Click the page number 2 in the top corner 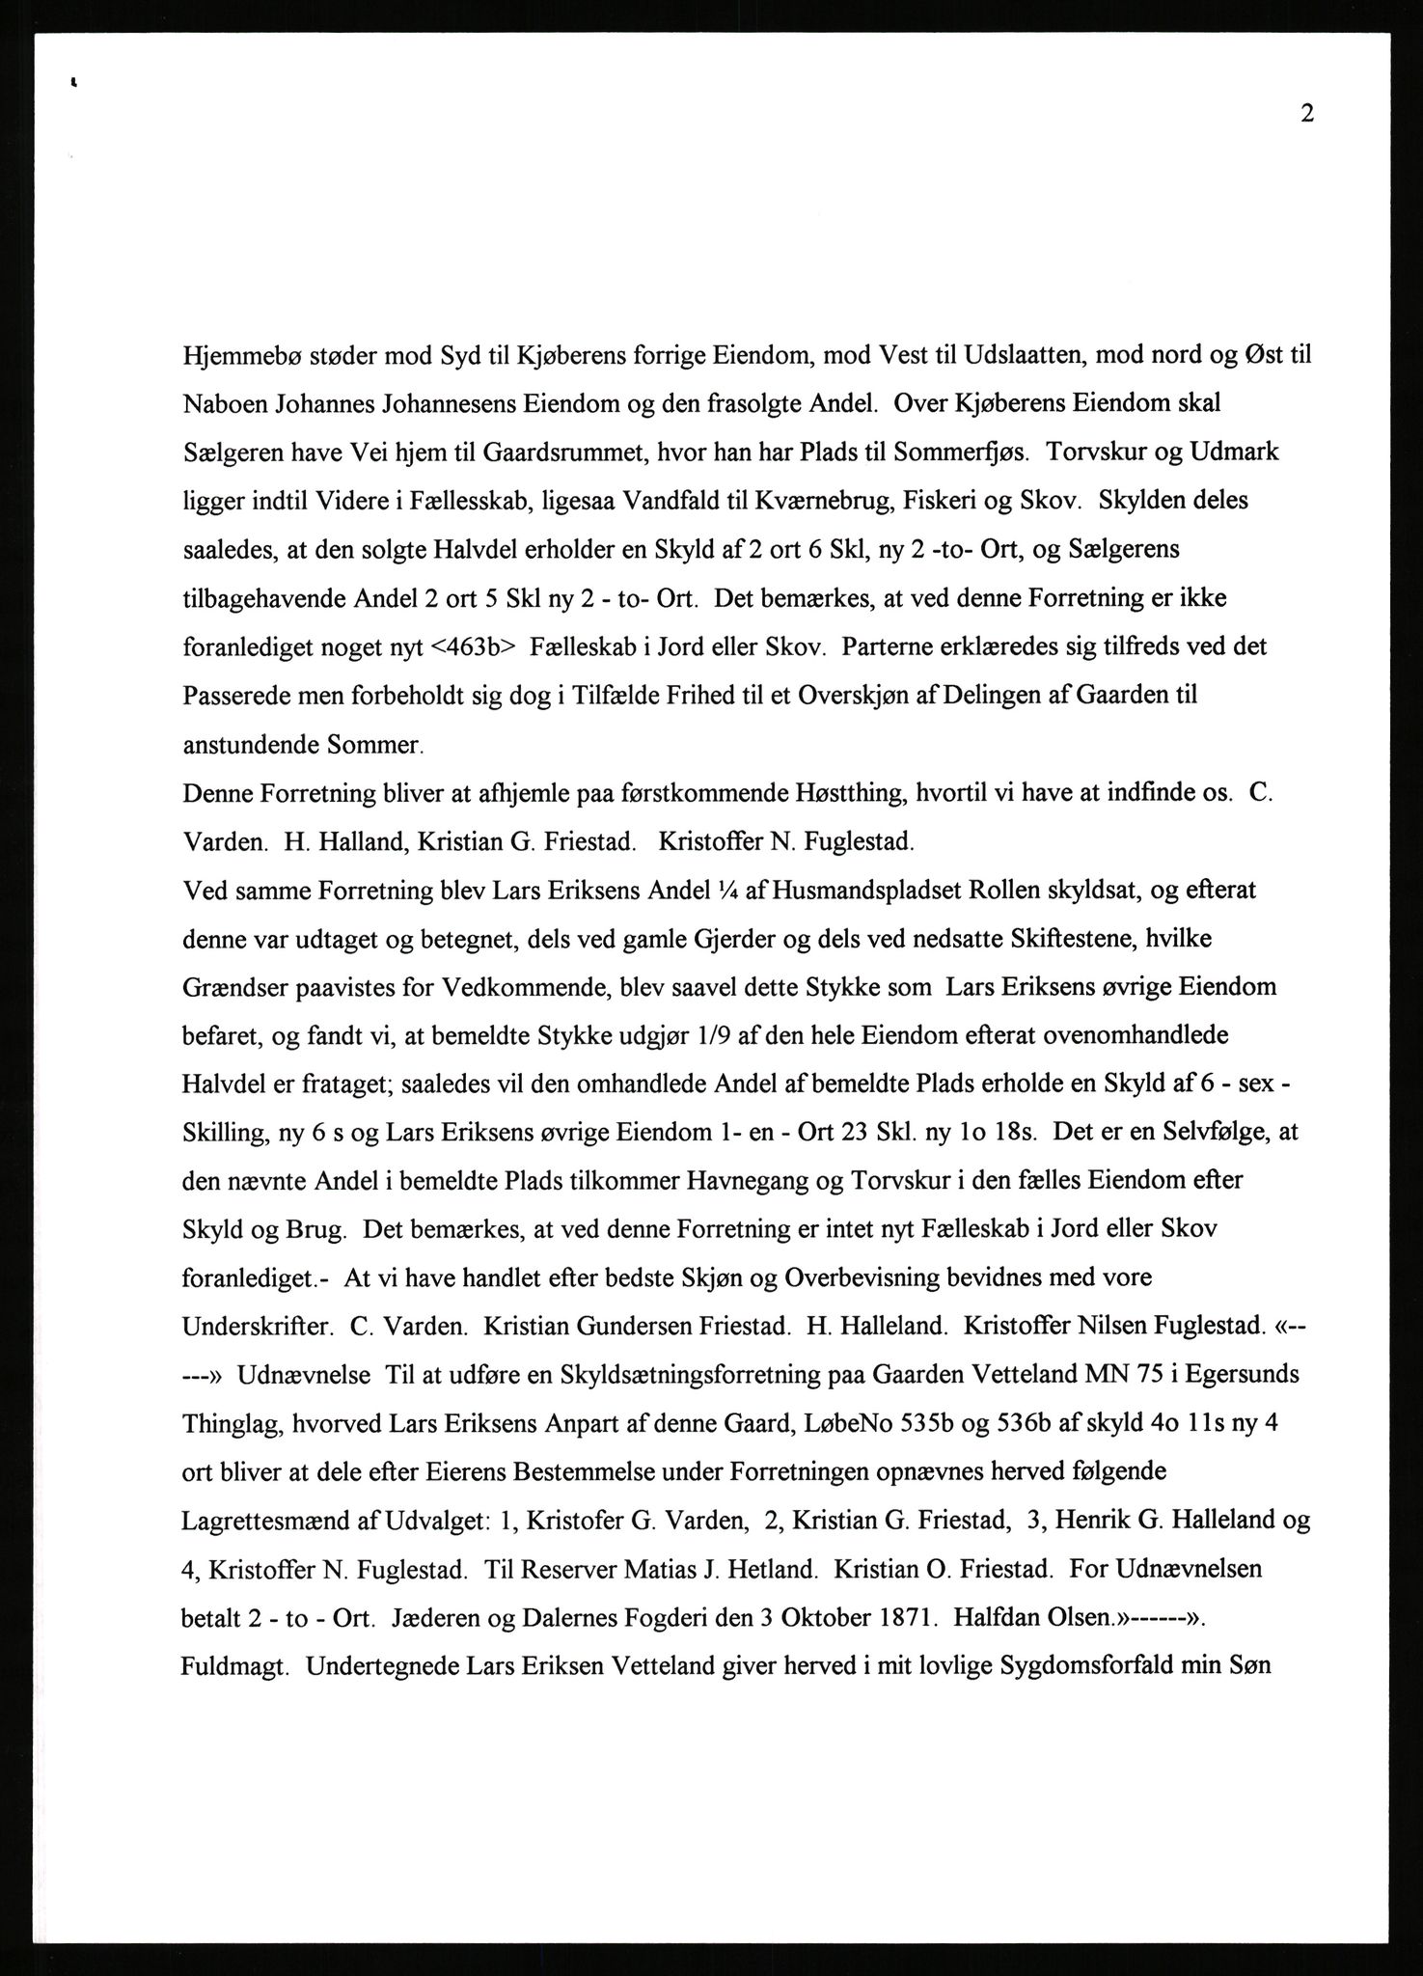tap(1306, 114)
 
